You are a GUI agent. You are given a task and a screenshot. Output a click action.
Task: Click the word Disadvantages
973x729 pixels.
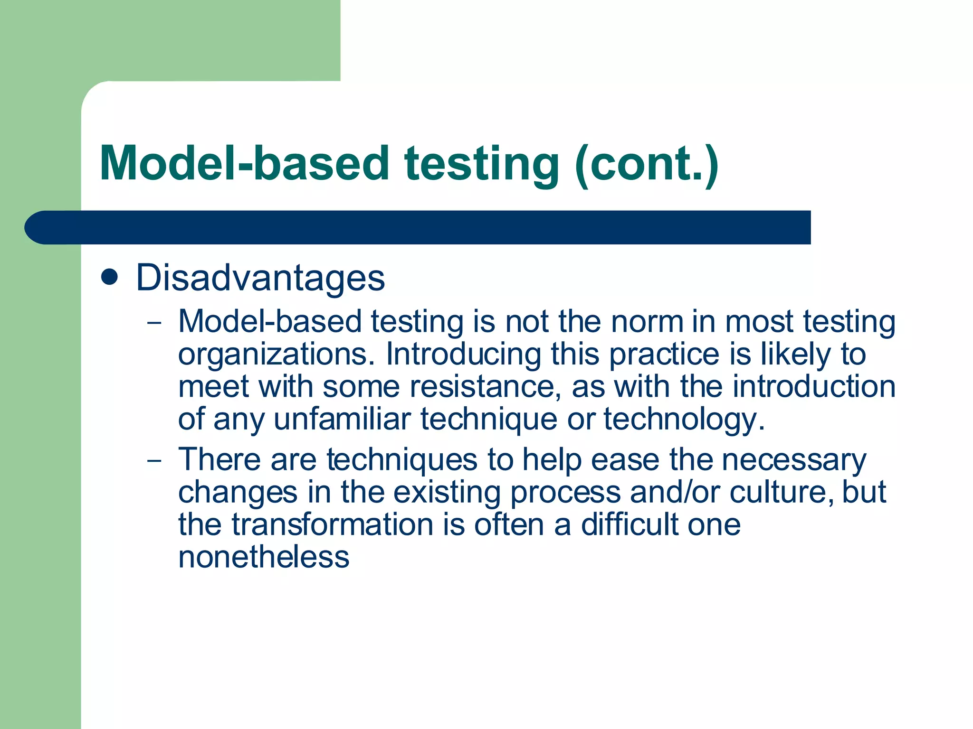[260, 278]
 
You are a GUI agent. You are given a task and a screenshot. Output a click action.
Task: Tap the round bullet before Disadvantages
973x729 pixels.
[110, 277]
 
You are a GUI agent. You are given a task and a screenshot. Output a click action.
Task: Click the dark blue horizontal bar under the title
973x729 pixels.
[418, 227]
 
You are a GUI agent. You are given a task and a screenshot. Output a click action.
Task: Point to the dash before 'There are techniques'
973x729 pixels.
[154, 461]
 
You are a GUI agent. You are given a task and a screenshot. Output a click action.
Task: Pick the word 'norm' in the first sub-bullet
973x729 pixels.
[647, 322]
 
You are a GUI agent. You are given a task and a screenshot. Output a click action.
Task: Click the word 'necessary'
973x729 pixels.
[793, 461]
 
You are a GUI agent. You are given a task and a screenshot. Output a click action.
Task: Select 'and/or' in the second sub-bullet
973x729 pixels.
[675, 493]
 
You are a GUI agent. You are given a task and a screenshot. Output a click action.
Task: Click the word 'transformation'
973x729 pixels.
[333, 525]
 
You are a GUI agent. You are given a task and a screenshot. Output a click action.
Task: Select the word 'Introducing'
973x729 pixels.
[463, 355]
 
